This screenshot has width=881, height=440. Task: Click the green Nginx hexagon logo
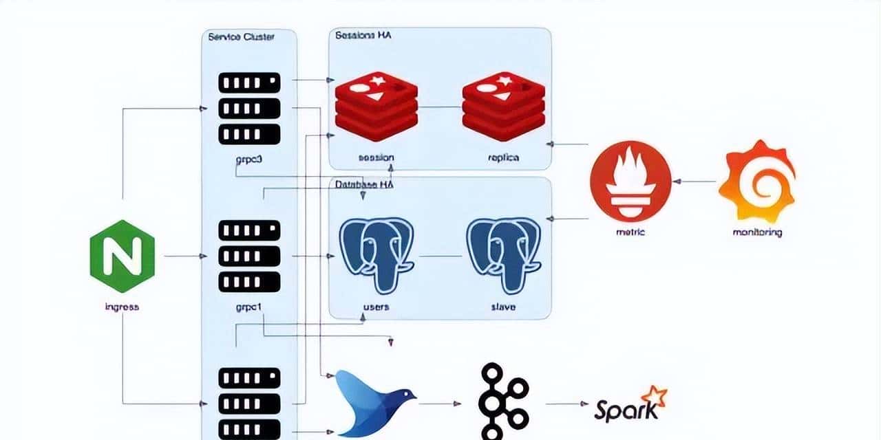pos(122,256)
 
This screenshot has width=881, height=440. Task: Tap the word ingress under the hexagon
pos(122,307)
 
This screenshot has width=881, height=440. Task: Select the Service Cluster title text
pos(241,36)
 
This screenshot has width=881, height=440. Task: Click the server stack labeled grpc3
pos(249,108)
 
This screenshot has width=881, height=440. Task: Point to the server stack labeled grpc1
pos(249,256)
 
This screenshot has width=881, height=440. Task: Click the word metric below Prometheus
pos(630,232)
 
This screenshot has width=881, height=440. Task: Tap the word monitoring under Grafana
pos(756,232)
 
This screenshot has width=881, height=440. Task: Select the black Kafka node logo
pos(504,403)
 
